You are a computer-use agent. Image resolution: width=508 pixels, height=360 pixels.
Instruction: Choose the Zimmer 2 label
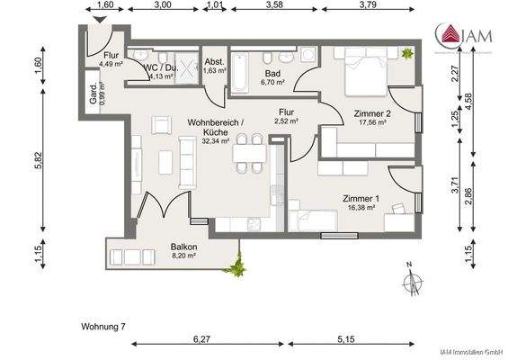click(x=370, y=113)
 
